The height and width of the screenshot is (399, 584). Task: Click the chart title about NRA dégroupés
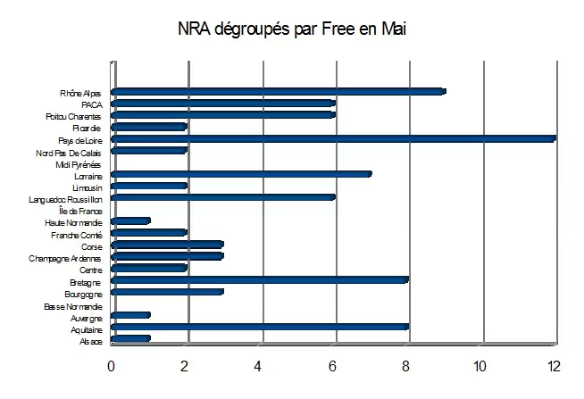[292, 29]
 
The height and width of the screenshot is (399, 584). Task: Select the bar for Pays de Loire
[333, 138]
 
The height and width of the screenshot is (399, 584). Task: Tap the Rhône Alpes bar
[278, 91]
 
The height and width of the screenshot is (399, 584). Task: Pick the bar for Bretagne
[260, 278]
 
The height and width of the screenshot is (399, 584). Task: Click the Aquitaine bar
[260, 327]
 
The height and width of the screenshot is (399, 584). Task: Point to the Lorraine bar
[241, 174]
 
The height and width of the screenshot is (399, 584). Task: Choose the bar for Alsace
[130, 338]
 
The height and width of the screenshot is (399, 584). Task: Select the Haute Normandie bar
[130, 220]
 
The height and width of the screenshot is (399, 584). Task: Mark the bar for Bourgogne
[167, 291]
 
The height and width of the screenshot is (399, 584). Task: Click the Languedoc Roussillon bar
[222, 196]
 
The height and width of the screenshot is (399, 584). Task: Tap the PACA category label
[92, 104]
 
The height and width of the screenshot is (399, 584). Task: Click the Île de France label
[80, 211]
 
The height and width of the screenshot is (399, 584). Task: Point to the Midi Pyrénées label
[79, 164]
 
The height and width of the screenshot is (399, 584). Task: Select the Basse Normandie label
[73, 306]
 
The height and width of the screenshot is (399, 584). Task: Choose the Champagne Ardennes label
[70, 258]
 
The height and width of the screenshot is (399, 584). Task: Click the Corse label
[91, 246]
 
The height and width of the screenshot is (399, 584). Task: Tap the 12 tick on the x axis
[554, 366]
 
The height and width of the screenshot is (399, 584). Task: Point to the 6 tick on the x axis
[332, 366]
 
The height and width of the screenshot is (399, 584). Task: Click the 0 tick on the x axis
[112, 366]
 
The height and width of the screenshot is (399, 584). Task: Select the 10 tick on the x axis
[480, 366]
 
